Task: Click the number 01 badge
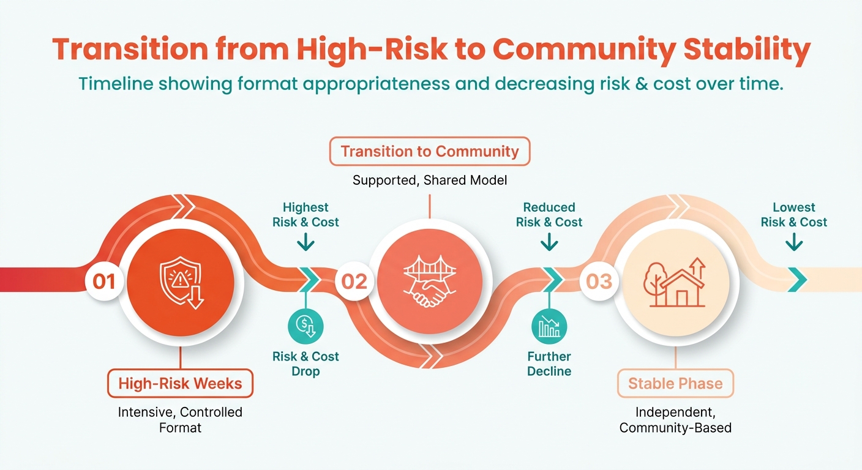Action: click(104, 282)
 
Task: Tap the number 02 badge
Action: click(354, 282)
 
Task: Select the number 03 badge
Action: click(599, 282)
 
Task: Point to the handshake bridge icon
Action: click(429, 282)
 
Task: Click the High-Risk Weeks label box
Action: click(180, 384)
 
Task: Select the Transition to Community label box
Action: click(429, 152)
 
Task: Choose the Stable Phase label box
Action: click(675, 384)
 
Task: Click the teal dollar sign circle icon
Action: click(305, 327)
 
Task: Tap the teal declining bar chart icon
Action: click(549, 327)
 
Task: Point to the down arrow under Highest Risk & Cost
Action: click(306, 242)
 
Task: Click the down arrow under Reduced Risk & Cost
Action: click(549, 242)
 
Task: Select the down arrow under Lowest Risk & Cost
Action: click(794, 242)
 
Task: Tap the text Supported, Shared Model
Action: click(429, 180)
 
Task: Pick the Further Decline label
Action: click(549, 364)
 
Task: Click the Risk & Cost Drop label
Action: click(305, 364)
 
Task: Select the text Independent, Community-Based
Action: click(675, 420)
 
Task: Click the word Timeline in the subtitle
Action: click(116, 84)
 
